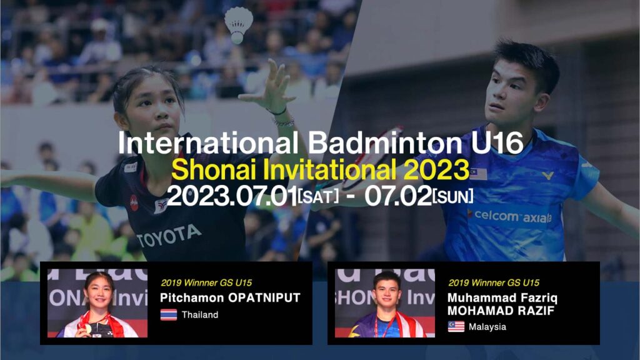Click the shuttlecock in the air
tap(238, 24)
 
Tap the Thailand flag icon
tap(169, 315)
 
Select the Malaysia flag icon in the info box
tap(456, 326)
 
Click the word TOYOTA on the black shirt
tap(169, 236)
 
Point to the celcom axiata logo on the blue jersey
tap(512, 216)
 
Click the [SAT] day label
tap(318, 196)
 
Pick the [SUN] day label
tap(453, 196)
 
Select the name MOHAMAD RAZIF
tap(501, 311)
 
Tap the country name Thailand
tap(200, 315)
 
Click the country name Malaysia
tap(487, 327)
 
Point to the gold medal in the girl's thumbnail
tap(87, 329)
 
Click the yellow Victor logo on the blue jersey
tap(547, 176)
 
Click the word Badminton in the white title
tap(384, 143)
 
